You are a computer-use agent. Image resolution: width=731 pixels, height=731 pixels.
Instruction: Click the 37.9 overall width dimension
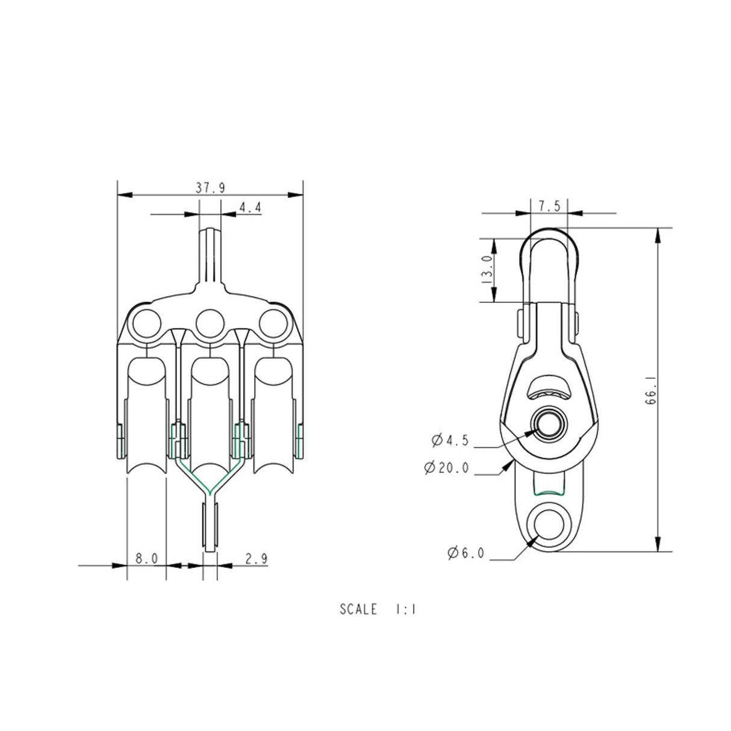pos(210,188)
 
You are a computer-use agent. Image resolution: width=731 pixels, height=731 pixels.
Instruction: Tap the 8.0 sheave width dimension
pos(146,559)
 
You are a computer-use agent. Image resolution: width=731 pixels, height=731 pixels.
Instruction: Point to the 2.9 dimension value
pos(257,559)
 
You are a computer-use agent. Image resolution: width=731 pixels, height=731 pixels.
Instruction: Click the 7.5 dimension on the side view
pos(549,206)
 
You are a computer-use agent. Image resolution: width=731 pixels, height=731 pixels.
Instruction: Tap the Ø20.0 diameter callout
pos(446,468)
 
